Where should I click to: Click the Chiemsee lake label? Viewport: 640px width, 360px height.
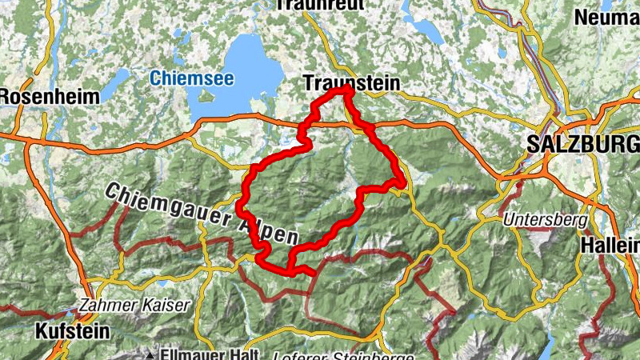181,78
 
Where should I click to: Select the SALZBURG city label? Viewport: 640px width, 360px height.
583,144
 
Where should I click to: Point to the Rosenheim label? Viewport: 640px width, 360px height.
49,96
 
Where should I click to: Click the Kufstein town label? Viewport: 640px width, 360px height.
70,330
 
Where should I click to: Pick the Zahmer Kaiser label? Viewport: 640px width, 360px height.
134,305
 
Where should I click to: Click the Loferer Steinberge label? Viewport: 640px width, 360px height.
343,356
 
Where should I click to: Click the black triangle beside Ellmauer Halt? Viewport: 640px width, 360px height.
150,353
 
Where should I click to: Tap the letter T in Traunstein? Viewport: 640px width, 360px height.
310,82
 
